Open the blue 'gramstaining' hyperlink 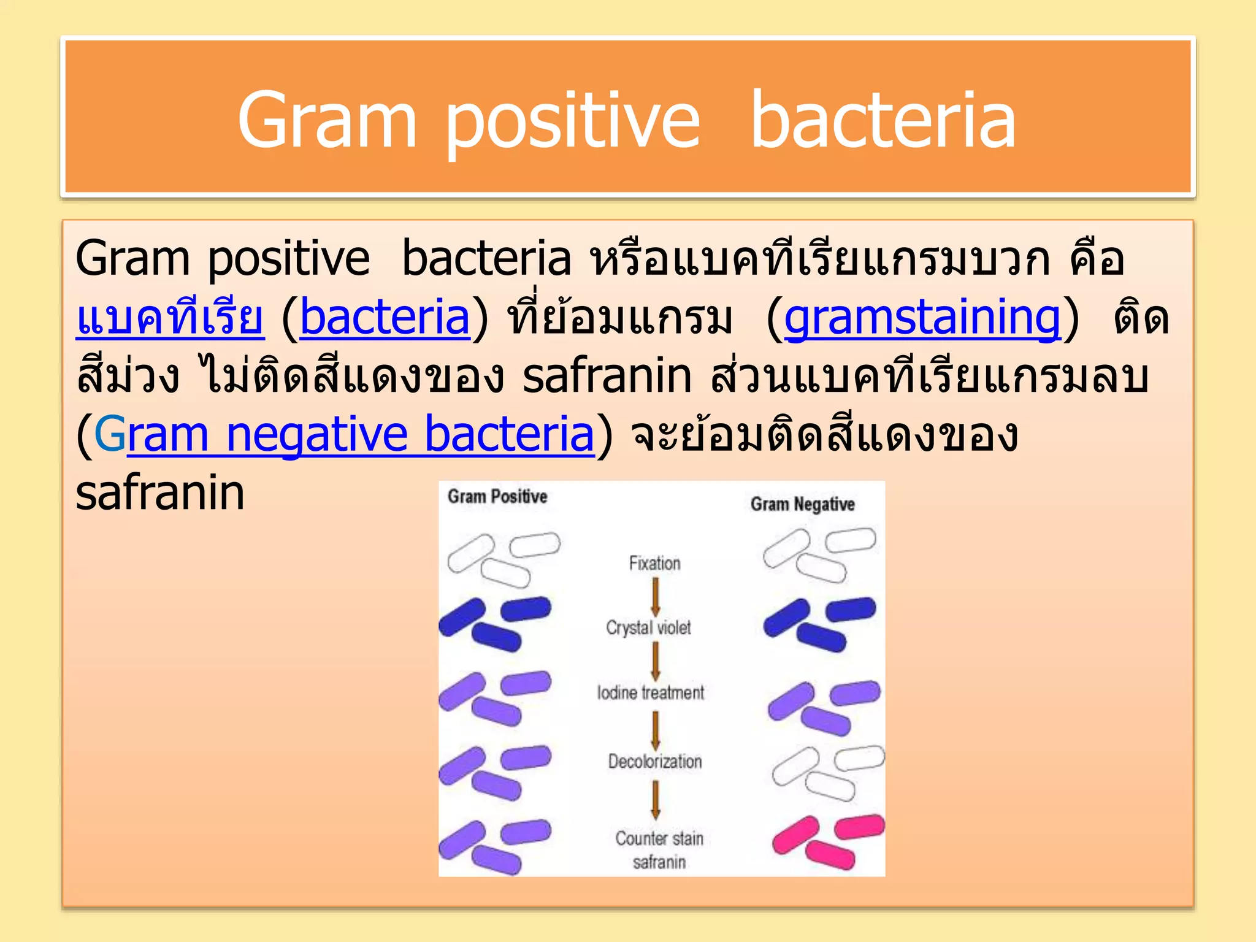(922, 317)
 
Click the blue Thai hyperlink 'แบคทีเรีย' (170, 317)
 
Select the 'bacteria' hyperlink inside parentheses (385, 317)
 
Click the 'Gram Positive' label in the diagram (497, 496)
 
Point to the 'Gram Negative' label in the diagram (802, 504)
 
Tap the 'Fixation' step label (654, 563)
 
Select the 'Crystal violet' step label (648, 627)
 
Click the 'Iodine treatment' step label (651, 692)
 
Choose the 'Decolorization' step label (654, 761)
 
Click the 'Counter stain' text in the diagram (659, 838)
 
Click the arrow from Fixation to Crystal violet (655, 596)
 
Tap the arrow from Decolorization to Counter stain (655, 799)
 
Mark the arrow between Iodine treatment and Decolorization (655, 730)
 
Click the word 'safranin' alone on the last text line (160, 493)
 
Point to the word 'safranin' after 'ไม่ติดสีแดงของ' (607, 375)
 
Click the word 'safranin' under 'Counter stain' (659, 862)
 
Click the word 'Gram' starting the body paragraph (132, 258)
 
